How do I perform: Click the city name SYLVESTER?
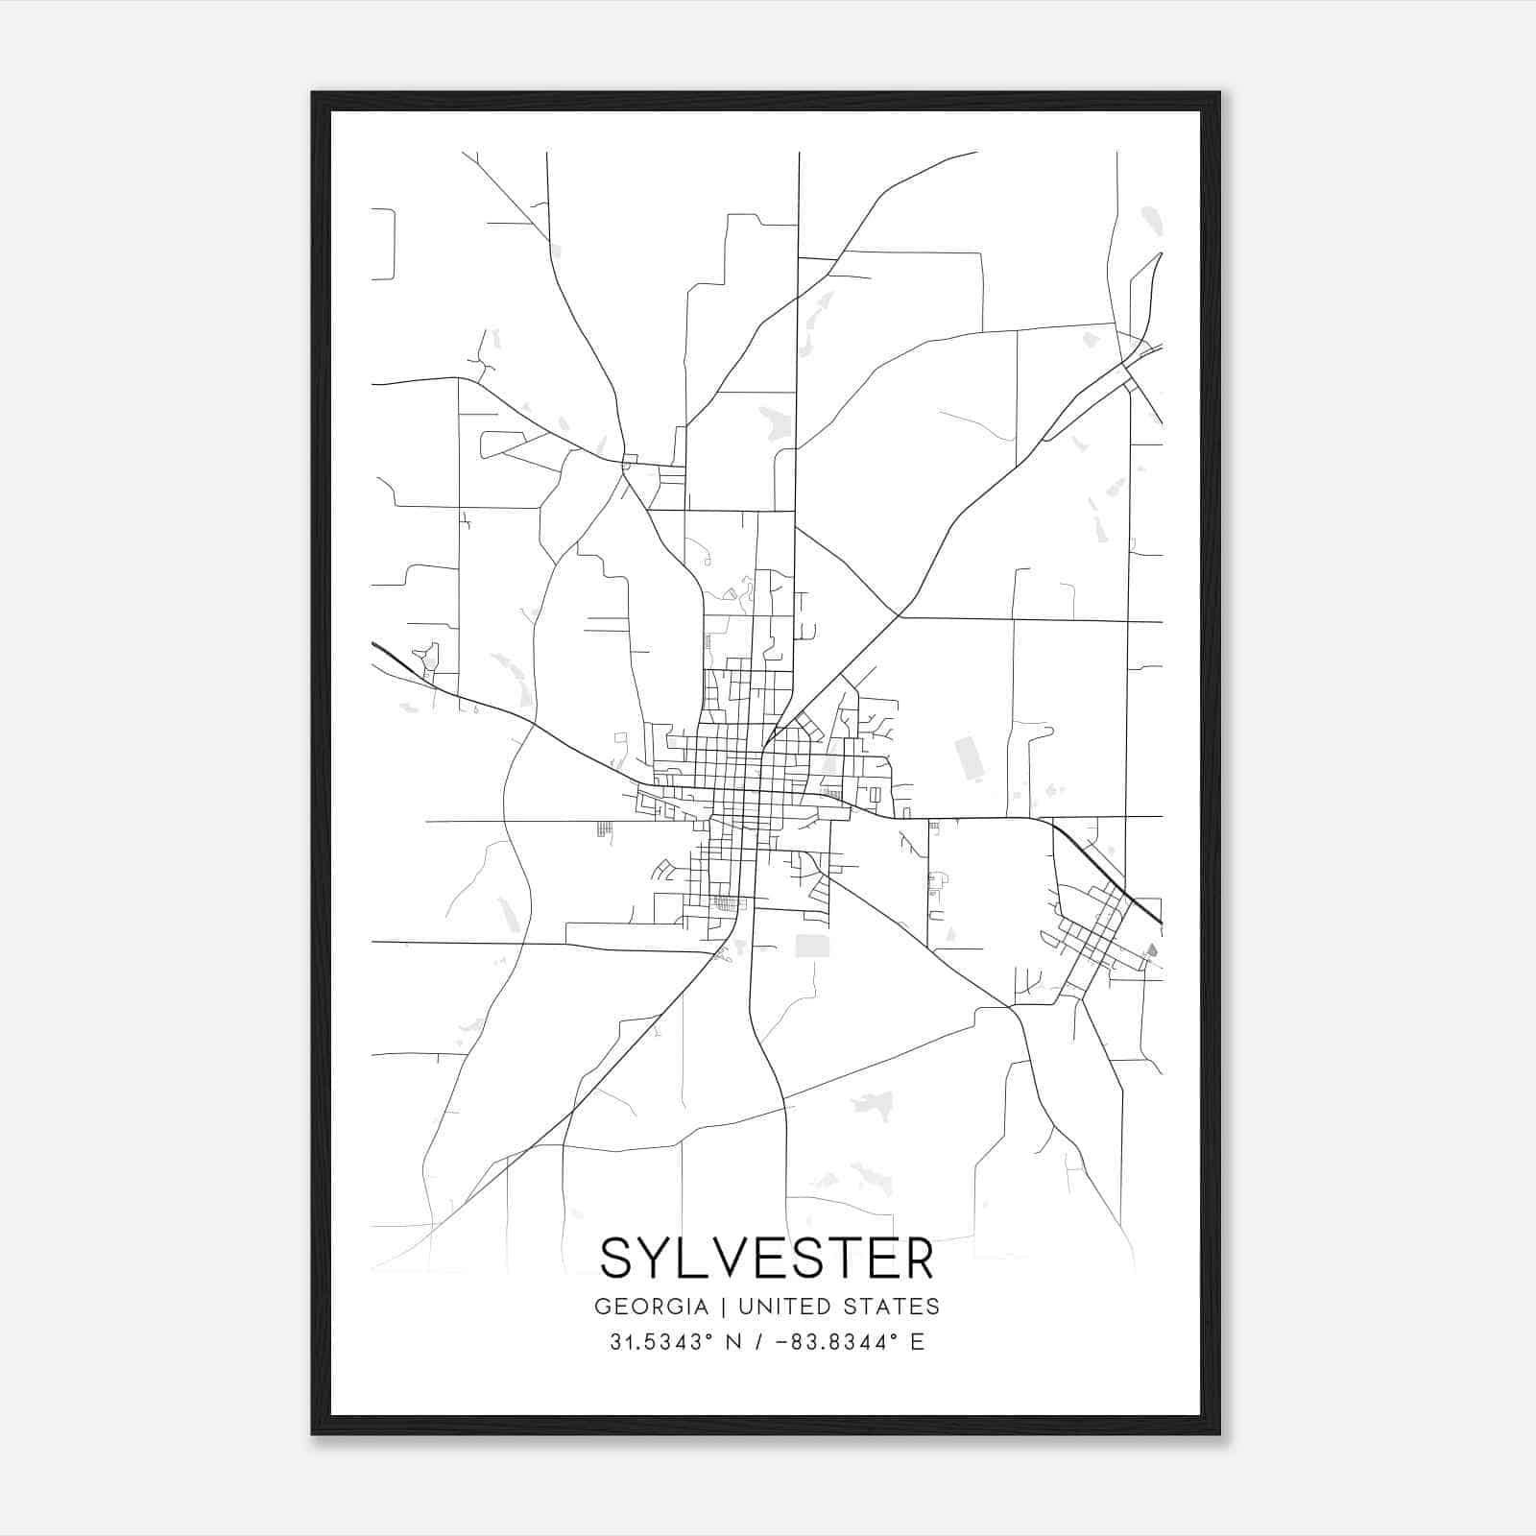(x=766, y=1259)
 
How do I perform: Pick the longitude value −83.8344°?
(x=833, y=1342)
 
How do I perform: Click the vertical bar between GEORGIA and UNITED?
(x=716, y=1307)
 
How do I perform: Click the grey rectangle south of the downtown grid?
(x=811, y=946)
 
